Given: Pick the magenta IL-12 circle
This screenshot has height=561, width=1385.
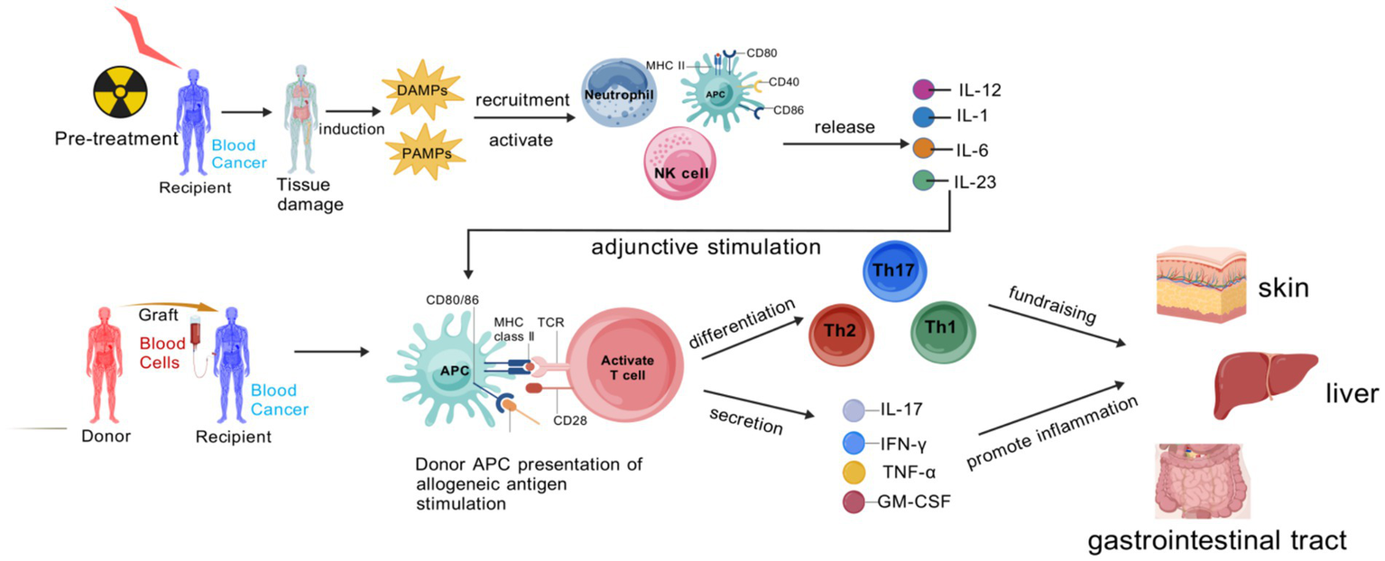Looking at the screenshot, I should (x=923, y=89).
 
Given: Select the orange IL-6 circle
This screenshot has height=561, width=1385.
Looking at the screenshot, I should (x=922, y=149).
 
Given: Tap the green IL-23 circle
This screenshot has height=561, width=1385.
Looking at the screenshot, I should (x=923, y=180).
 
